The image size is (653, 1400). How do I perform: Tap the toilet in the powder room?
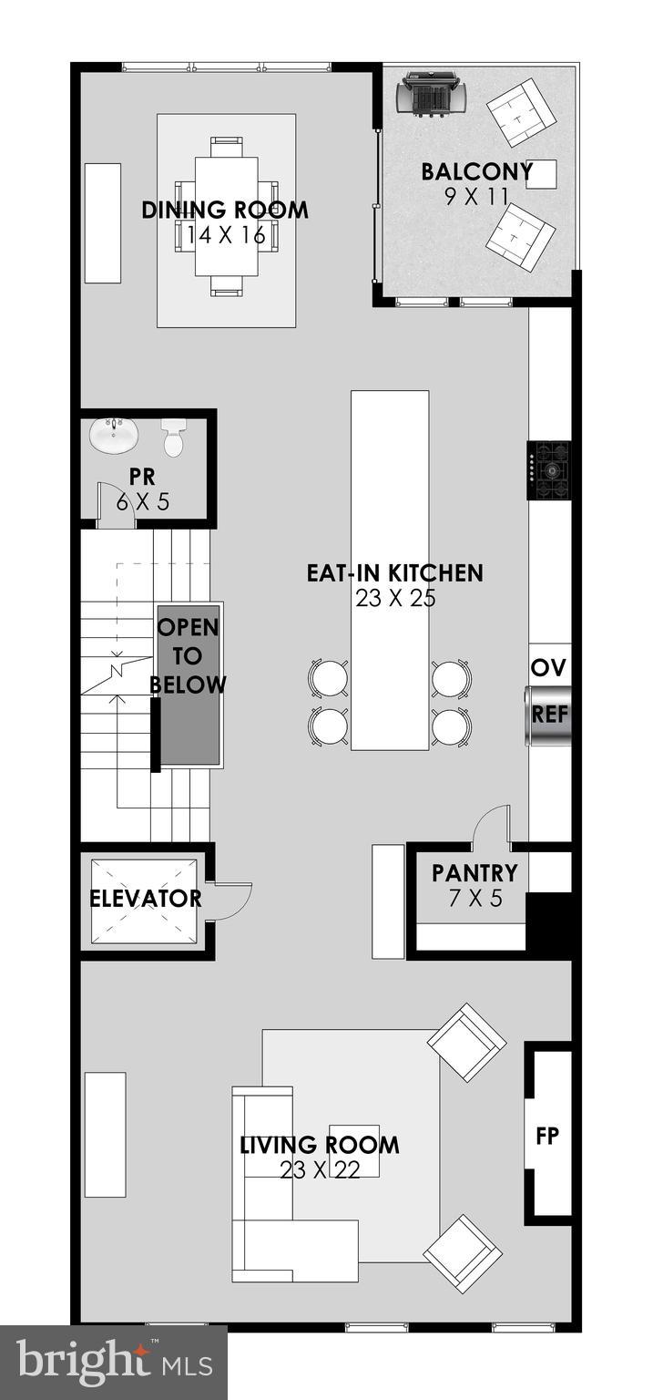point(173,437)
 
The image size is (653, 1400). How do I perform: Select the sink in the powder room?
point(114,435)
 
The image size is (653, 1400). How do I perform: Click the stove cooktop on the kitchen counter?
point(550,470)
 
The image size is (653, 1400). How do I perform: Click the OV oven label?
point(549,668)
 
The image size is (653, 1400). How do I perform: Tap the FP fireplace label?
point(547,1136)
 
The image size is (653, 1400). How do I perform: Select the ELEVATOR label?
point(146,898)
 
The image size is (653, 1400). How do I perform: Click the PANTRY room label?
point(474,873)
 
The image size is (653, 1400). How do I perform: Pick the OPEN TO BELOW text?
point(189,656)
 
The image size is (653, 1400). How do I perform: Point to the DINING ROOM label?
point(225,211)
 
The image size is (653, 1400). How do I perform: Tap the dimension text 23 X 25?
point(396,599)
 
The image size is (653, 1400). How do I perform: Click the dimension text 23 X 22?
point(320,1170)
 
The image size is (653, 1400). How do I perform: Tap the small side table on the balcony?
point(541,173)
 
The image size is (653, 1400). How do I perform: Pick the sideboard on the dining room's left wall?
point(103,223)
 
